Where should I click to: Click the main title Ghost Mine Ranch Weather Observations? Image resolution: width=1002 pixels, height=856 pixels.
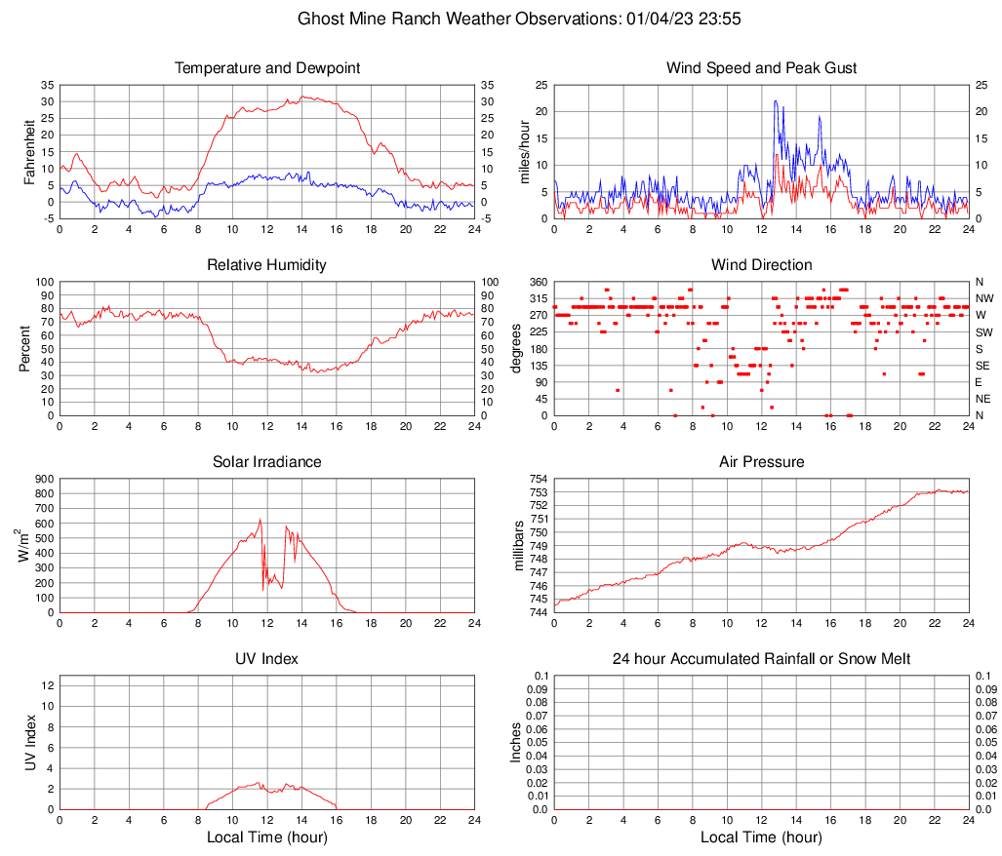click(501, 19)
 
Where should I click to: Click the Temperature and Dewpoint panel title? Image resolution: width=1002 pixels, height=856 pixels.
click(267, 68)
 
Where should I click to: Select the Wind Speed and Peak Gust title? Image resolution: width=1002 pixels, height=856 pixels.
click(761, 68)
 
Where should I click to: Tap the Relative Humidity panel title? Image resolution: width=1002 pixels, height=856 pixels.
click(267, 265)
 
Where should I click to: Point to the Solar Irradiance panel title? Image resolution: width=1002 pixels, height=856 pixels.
click(267, 462)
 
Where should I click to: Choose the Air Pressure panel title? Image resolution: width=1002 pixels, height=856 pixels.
click(761, 462)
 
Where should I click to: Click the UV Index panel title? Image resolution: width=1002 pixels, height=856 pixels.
click(267, 659)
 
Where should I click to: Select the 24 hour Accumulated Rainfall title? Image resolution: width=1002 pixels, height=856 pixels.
click(761, 659)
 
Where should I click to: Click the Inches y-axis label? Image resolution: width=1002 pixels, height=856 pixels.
click(517, 742)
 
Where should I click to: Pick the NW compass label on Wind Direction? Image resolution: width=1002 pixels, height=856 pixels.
click(983, 298)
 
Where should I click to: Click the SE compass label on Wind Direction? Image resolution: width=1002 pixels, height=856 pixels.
click(983, 366)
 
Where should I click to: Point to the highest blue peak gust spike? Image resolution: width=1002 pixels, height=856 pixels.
click(776, 101)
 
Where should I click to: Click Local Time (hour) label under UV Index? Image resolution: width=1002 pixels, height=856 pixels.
click(267, 837)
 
